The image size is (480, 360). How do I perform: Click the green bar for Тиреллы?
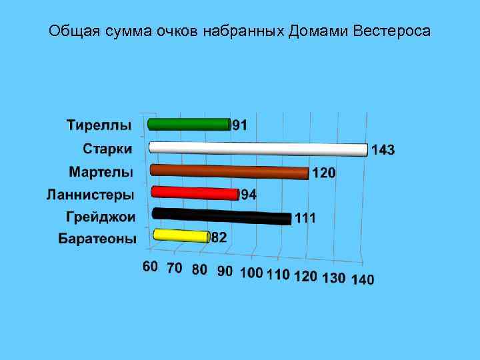coord(189,124)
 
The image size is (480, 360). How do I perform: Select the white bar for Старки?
coord(258,148)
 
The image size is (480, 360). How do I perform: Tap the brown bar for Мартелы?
coord(229,171)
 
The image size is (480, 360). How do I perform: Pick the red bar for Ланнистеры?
coord(194,193)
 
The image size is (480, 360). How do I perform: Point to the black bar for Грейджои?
coord(221,216)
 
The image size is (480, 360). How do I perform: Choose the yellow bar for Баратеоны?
coord(181,235)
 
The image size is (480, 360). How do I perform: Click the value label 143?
coord(383,151)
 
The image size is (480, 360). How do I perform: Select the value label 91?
coord(240,125)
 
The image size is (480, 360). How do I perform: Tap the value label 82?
coord(219,238)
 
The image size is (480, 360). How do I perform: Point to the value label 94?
coord(248,195)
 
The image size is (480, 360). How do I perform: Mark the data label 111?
coord(305,218)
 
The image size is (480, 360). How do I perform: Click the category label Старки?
coord(107,148)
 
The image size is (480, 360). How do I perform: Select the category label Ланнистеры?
coord(90,195)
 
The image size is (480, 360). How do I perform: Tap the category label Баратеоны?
coord(97,239)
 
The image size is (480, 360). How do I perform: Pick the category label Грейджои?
coord(101,217)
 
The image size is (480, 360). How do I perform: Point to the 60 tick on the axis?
coord(151,267)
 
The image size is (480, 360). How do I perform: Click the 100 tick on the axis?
coord(251,272)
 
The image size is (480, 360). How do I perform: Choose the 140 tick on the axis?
coord(363,279)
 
